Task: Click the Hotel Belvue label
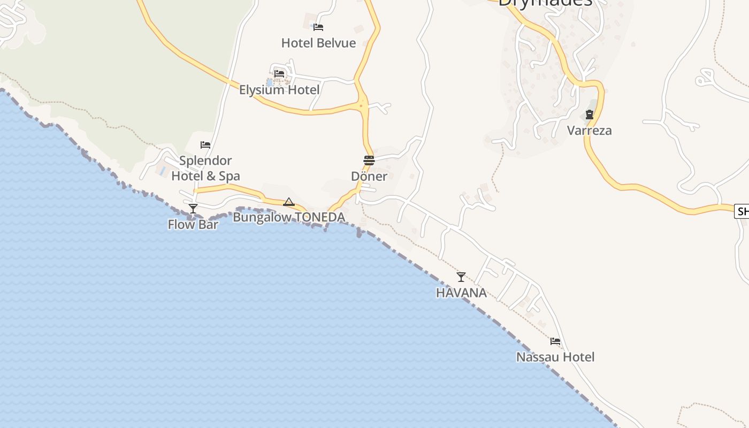tap(318, 43)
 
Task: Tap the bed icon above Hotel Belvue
tap(318, 27)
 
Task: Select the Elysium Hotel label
tap(279, 89)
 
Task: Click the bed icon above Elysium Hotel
tap(279, 73)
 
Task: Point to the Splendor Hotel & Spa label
tap(205, 168)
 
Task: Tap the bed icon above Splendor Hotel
tap(205, 144)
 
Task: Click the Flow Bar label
tap(193, 224)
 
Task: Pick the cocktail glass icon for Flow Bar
tap(193, 208)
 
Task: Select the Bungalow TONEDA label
tap(289, 217)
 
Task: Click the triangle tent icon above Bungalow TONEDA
tap(289, 202)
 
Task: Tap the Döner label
tap(369, 176)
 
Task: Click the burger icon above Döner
tap(369, 160)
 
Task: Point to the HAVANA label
tap(461, 293)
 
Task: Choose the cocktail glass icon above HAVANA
tap(461, 277)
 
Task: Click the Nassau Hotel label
tap(555, 357)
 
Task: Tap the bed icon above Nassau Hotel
tap(555, 341)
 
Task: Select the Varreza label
tap(590, 131)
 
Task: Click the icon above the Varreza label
tap(590, 114)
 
